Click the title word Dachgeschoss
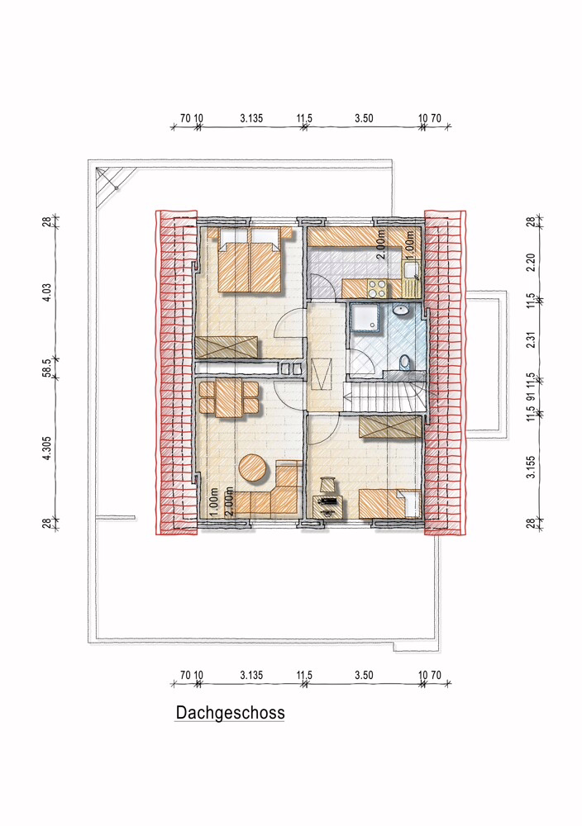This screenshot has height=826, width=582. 230,713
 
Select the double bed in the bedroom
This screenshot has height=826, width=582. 249,259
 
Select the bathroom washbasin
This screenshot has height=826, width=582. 403,310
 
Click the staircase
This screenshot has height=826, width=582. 384,396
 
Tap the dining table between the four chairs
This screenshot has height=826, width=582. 229,398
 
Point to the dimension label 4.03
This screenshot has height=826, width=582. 47,292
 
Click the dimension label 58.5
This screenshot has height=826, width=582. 47,368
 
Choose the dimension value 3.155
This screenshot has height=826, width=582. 531,467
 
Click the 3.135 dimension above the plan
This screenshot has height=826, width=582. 251,118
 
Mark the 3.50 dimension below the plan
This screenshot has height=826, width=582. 364,675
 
